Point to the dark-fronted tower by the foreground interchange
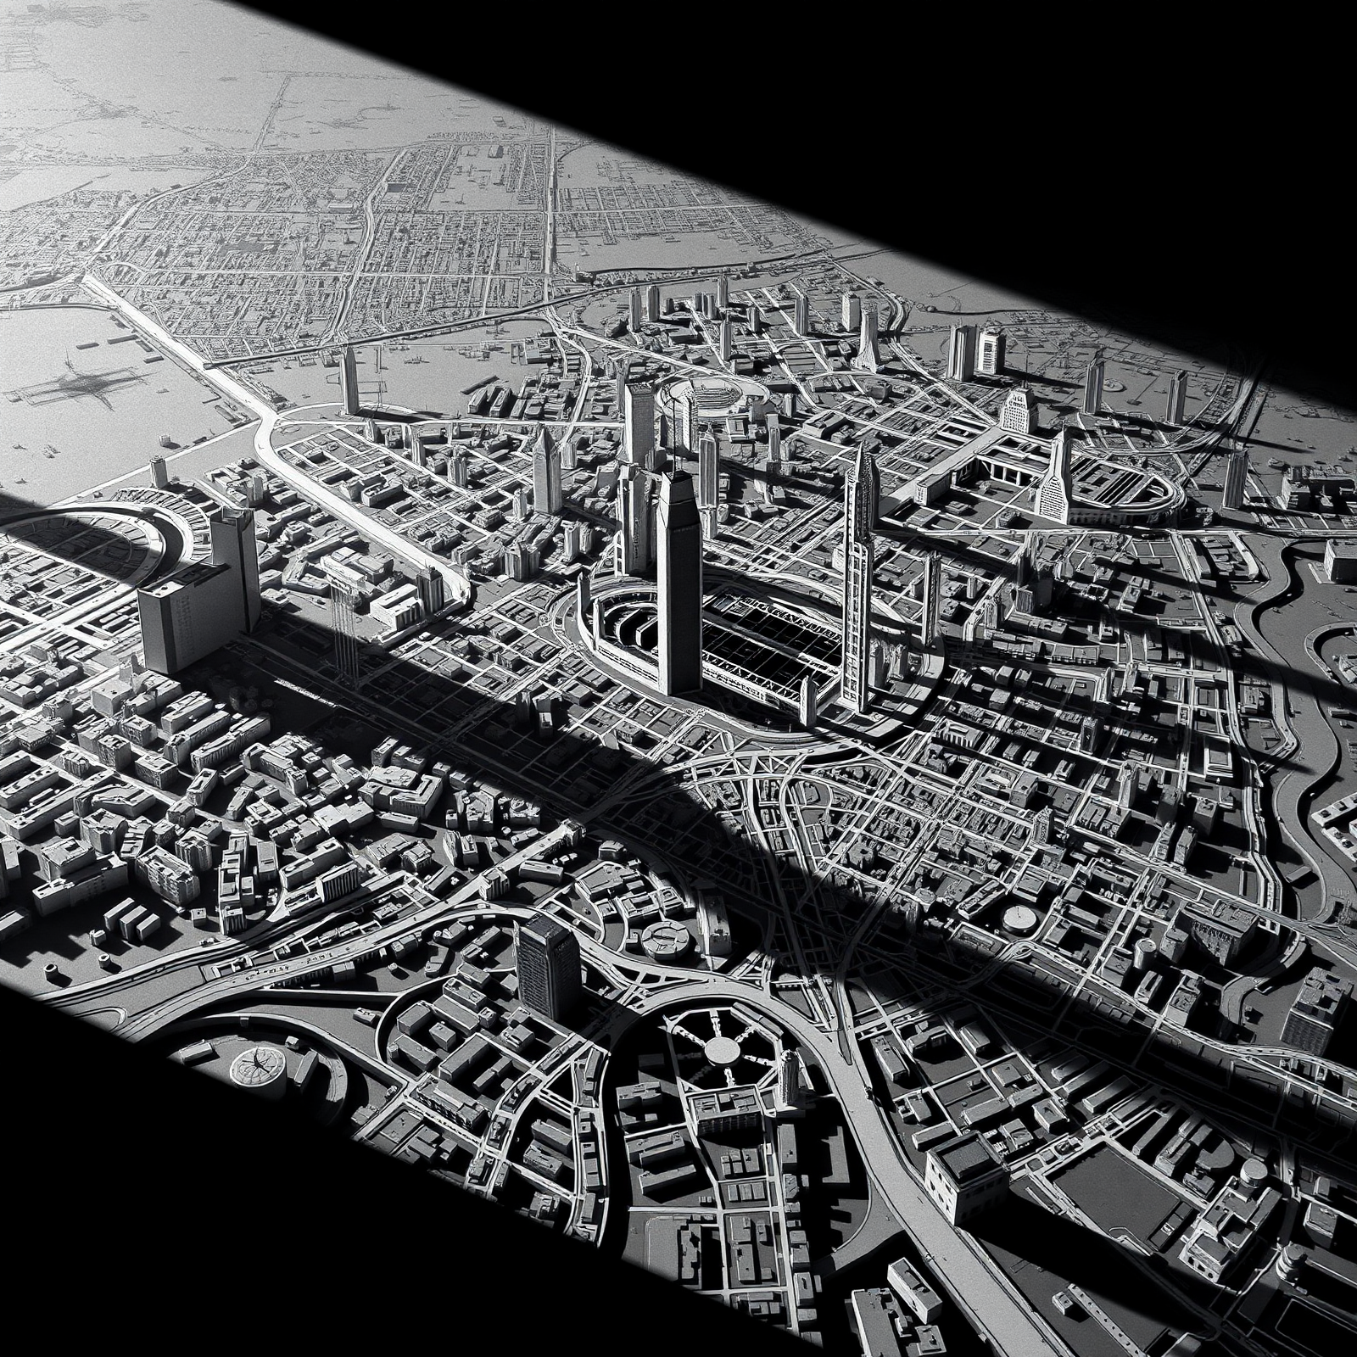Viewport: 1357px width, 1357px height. (547, 967)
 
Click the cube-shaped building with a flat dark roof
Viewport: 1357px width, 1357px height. (963, 1166)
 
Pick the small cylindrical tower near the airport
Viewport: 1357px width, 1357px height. (157, 472)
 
